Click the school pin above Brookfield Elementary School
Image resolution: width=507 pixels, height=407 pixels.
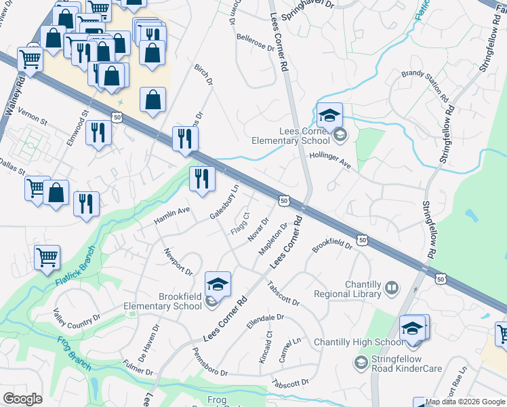[x=218, y=284]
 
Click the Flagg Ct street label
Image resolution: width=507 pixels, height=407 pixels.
[x=241, y=224]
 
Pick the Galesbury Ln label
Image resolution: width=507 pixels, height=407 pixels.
[x=225, y=203]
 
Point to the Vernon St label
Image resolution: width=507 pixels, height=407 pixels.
[x=33, y=117]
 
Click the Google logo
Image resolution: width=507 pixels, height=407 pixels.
[x=23, y=399]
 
